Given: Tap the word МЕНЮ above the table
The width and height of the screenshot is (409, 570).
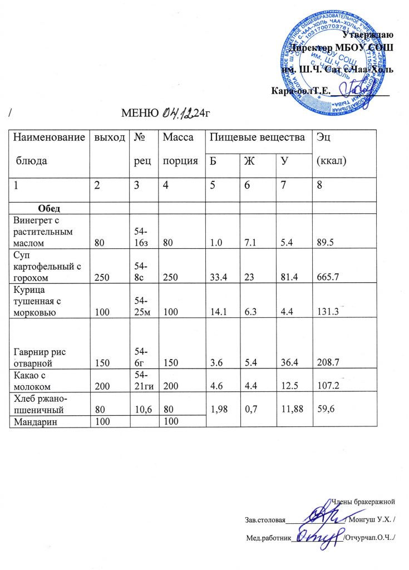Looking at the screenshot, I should click(141, 115).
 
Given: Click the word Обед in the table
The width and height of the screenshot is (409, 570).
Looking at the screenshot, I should click(49, 208).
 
